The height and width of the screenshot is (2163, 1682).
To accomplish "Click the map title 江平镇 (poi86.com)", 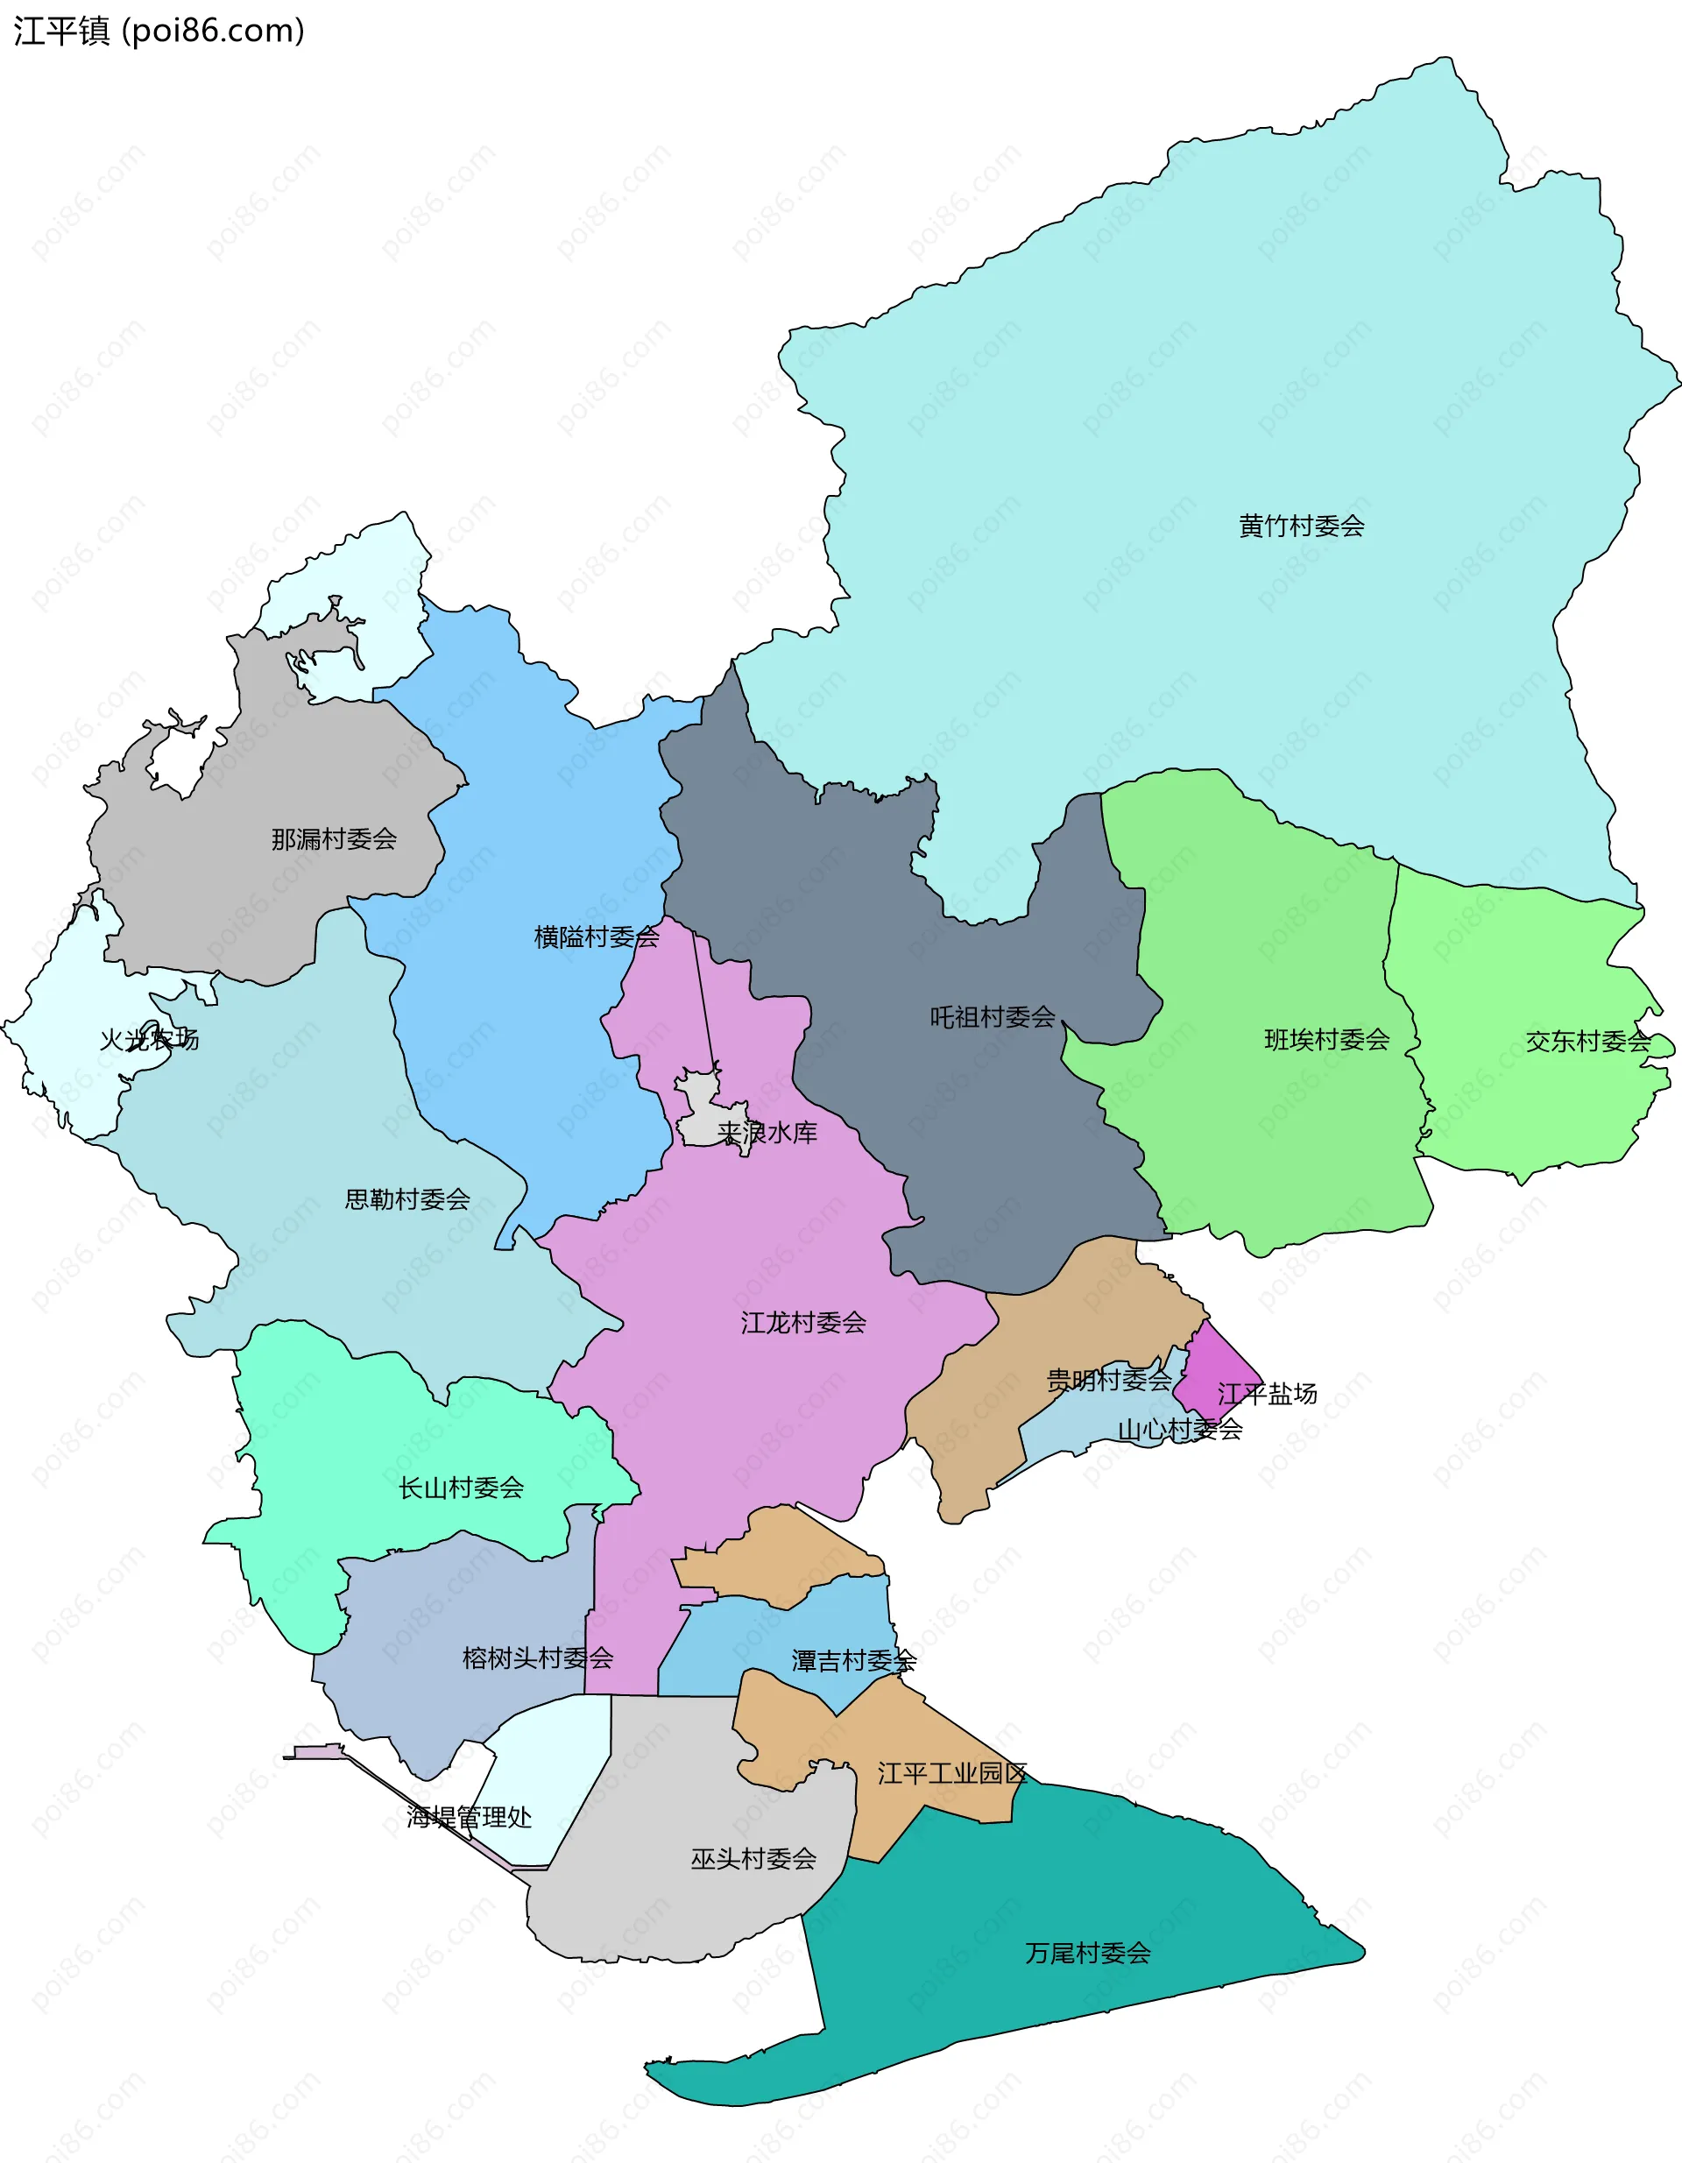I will [x=159, y=32].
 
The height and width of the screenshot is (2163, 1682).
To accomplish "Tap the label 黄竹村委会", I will [x=1301, y=526].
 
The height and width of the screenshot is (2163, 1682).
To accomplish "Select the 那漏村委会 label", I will [x=334, y=839].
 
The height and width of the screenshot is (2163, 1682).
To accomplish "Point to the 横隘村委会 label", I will [x=597, y=936].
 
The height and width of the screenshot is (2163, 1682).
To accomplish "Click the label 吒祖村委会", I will [x=992, y=1016].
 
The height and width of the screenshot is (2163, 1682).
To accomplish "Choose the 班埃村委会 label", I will [x=1326, y=1039].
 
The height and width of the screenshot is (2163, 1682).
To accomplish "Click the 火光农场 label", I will [x=149, y=1039].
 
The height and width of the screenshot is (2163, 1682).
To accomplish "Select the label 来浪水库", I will [x=767, y=1132].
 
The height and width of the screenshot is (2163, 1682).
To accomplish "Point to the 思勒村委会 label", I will [x=407, y=1199].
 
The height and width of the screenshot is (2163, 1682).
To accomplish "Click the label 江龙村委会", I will [x=802, y=1322].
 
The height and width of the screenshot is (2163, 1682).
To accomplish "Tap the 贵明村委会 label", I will [x=1108, y=1380].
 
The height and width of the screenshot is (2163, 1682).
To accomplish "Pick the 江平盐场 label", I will [x=1267, y=1394].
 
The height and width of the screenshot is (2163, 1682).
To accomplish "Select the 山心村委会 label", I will [x=1179, y=1429].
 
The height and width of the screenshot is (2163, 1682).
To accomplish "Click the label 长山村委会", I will [x=461, y=1488].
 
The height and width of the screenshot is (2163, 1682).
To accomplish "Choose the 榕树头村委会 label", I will [x=537, y=1658].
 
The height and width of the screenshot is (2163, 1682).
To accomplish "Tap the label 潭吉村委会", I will [x=853, y=1661].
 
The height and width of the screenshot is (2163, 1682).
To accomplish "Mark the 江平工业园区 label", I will [x=951, y=1773].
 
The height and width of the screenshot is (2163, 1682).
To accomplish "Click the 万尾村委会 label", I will [x=1088, y=1953].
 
